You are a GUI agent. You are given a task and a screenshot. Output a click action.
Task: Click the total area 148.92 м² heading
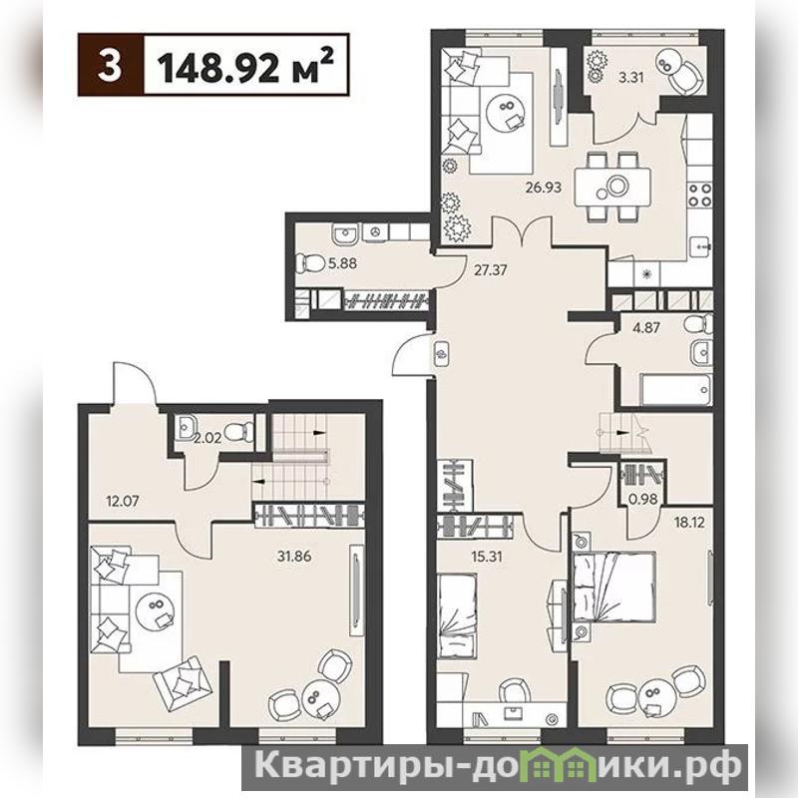(x=246, y=65)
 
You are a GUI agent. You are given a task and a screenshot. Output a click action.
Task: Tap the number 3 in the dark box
(x=110, y=65)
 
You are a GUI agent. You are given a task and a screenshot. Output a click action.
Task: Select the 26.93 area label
(x=544, y=188)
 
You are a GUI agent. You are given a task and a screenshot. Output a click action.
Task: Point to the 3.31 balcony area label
(x=630, y=78)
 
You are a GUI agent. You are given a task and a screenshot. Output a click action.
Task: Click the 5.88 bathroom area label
(x=342, y=263)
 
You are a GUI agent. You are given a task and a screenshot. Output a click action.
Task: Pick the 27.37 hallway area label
(x=490, y=269)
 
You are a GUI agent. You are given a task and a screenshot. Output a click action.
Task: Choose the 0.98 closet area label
(x=643, y=500)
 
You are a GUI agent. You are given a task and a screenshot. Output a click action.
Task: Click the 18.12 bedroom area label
(x=688, y=522)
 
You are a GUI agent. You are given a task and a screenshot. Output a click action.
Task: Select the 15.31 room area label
(x=486, y=557)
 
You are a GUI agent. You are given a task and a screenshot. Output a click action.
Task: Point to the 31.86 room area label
(x=294, y=557)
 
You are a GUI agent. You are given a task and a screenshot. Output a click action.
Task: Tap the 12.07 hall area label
(x=123, y=502)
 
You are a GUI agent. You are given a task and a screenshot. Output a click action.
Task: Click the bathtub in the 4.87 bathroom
(x=676, y=390)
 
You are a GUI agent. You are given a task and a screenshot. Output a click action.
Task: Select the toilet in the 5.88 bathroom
(x=310, y=263)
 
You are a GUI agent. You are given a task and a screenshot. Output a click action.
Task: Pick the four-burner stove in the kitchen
(x=699, y=195)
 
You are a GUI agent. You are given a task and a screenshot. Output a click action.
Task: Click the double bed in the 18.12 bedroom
(x=613, y=587)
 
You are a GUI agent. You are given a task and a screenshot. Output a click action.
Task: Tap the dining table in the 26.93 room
(x=612, y=187)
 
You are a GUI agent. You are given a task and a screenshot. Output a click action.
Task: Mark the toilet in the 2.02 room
(x=239, y=432)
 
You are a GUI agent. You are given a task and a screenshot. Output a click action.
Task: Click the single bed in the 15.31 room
(x=457, y=615)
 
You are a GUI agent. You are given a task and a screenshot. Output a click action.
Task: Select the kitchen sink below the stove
(x=701, y=246)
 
